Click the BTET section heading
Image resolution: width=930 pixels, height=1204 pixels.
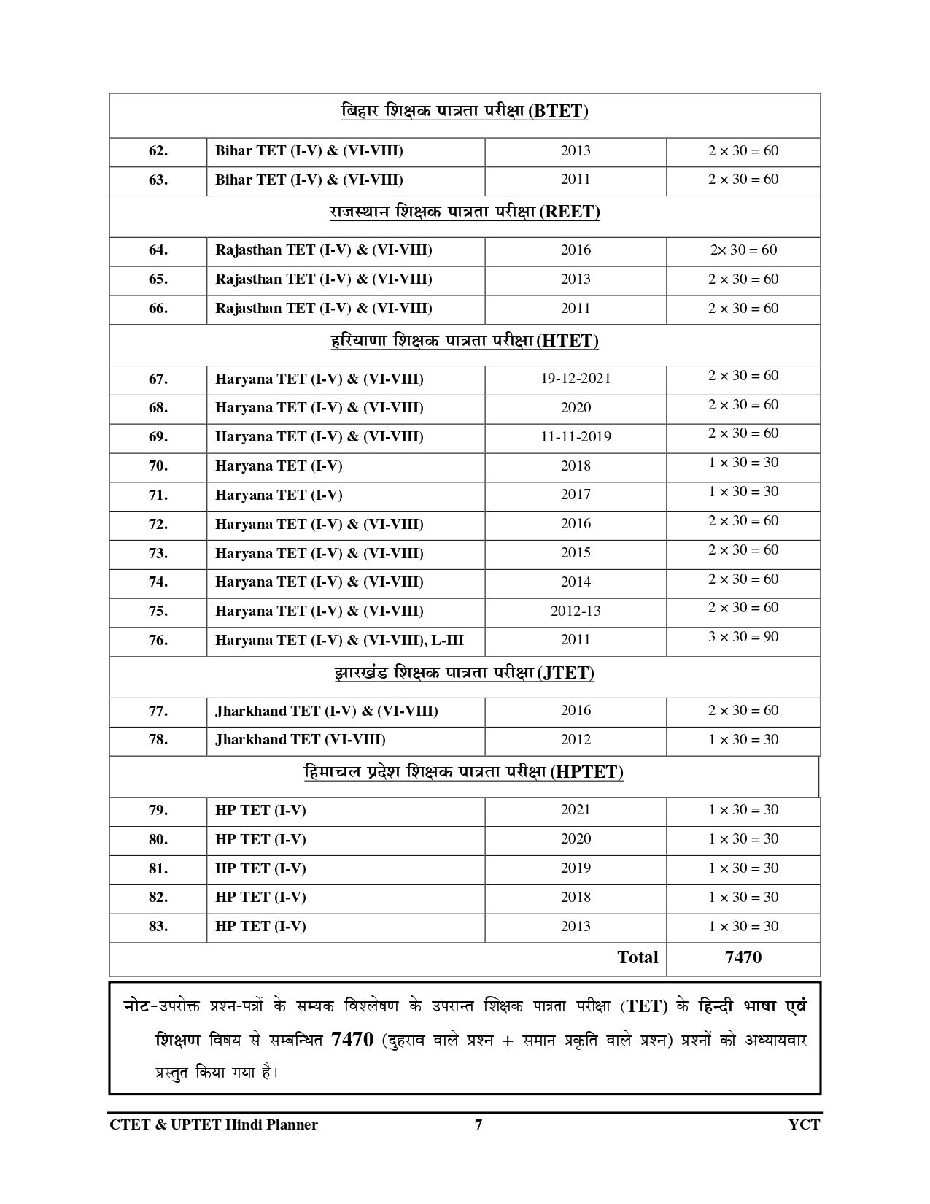tap(465, 112)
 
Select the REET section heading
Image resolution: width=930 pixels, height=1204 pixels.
tap(465, 212)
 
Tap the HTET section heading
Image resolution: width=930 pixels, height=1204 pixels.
tap(465, 341)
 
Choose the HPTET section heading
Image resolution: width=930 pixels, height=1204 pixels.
tap(464, 773)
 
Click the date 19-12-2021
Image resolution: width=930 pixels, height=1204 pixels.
tap(576, 379)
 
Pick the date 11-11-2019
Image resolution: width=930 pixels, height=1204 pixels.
tap(576, 437)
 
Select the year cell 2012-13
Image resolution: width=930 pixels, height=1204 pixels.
tap(576, 611)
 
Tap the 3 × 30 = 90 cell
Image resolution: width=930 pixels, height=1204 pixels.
tap(743, 637)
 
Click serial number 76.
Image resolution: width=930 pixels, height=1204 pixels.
tap(158, 641)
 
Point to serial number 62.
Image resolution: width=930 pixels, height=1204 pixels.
tap(158, 151)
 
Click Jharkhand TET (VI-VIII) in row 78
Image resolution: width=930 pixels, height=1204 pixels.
tap(301, 740)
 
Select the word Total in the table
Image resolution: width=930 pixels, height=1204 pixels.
tap(638, 957)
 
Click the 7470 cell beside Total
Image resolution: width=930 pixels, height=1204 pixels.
tap(743, 957)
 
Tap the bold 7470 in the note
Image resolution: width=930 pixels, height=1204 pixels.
tap(352, 1040)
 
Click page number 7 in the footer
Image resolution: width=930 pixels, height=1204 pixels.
tap(478, 1124)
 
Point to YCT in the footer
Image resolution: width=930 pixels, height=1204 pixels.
tap(804, 1124)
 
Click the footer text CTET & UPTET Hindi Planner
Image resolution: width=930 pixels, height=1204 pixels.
tap(214, 1124)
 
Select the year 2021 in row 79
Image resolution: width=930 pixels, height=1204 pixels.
tap(576, 810)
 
